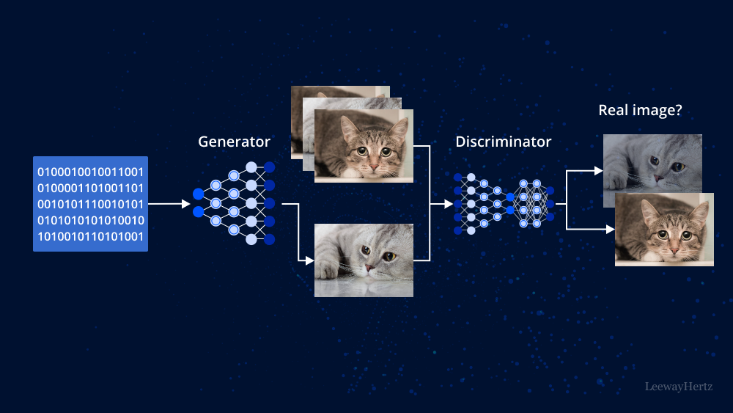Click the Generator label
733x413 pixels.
pyautogui.click(x=234, y=142)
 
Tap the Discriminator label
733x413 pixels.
pyautogui.click(x=503, y=142)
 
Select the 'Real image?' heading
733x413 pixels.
pyautogui.click(x=640, y=111)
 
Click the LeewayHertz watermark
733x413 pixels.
pyautogui.click(x=678, y=386)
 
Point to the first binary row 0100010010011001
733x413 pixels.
pyautogui.click(x=90, y=172)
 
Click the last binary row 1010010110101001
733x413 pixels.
pyautogui.click(x=90, y=236)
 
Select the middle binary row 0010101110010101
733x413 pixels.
pyautogui.click(x=90, y=204)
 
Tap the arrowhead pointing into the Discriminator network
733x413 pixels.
pyautogui.click(x=449, y=204)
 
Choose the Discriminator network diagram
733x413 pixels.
pyautogui.click(x=503, y=203)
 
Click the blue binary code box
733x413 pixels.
pyautogui.click(x=90, y=204)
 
